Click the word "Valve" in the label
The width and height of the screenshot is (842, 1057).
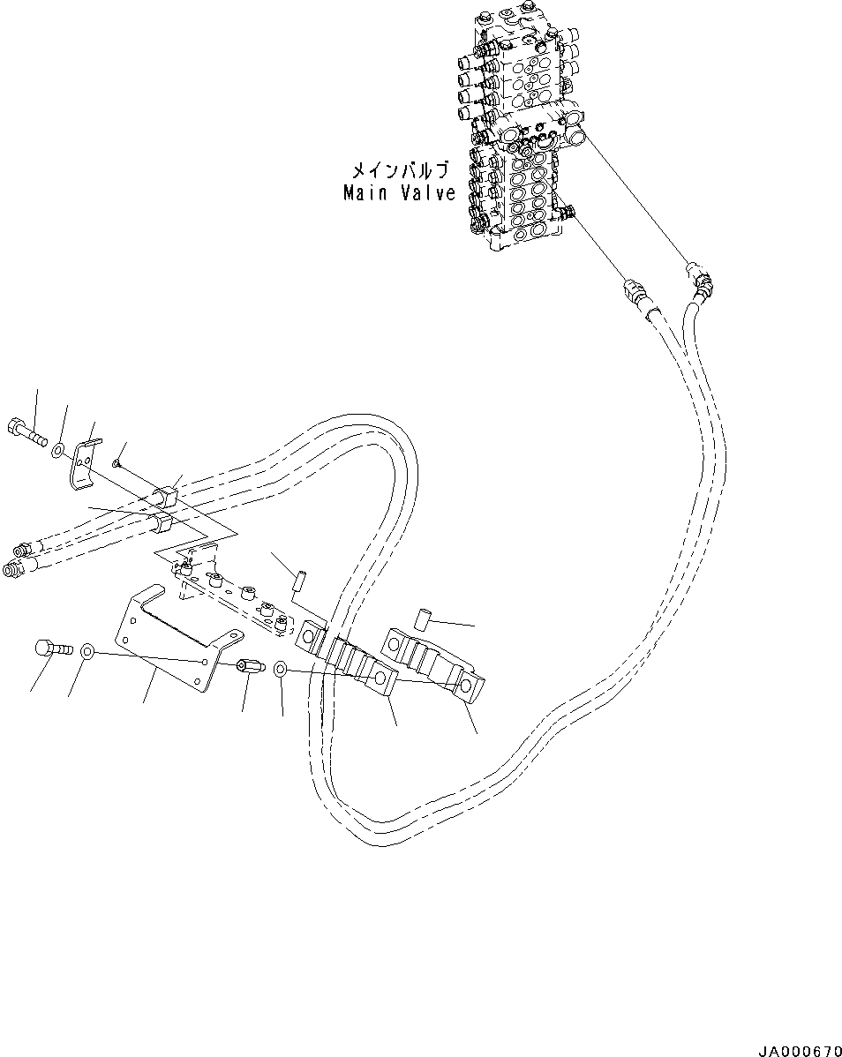click(x=426, y=192)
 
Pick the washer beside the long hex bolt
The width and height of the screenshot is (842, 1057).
click(x=56, y=450)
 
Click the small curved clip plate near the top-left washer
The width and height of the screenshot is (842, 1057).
click(x=82, y=461)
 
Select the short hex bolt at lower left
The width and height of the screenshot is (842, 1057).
click(x=49, y=648)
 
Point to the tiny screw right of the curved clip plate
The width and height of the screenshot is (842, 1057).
click(x=117, y=461)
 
